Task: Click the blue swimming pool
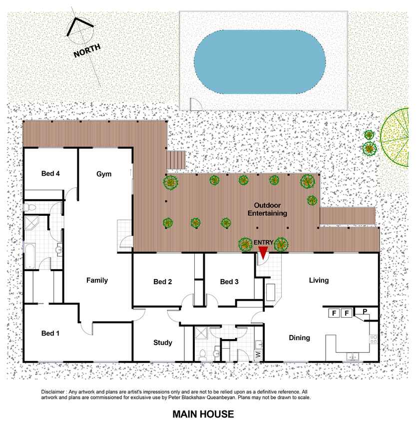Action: pos(260,61)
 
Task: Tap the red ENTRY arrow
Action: pos(263,253)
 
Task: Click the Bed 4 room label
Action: pos(50,173)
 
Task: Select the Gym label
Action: pos(104,174)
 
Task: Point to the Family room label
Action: pos(97,280)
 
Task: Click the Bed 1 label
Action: pos(50,333)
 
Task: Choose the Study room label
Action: pos(163,343)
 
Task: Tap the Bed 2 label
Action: pos(162,282)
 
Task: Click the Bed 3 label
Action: pos(229,282)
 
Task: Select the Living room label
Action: pos(319,280)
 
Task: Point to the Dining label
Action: pos(299,338)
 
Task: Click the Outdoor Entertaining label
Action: pos(267,209)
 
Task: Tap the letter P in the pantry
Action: pos(365,311)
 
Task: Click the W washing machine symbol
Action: pos(258,354)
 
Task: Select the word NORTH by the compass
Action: pos(87,50)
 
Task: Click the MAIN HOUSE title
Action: pos(203,414)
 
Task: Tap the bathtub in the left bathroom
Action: pos(29,256)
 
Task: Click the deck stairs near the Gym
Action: pos(176,161)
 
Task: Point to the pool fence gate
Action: pos(196,104)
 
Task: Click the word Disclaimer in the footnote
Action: pos(53,392)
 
